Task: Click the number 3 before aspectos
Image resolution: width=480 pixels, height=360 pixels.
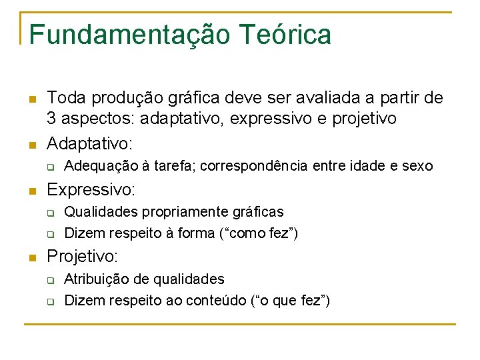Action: [x=51, y=118]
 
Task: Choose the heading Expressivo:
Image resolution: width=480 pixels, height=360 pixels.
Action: [x=91, y=189]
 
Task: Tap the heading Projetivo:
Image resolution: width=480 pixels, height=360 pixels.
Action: [x=83, y=256]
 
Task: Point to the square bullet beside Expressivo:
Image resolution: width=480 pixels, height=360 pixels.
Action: [x=31, y=191]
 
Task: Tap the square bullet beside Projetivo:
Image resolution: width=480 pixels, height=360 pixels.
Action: [x=31, y=257]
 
